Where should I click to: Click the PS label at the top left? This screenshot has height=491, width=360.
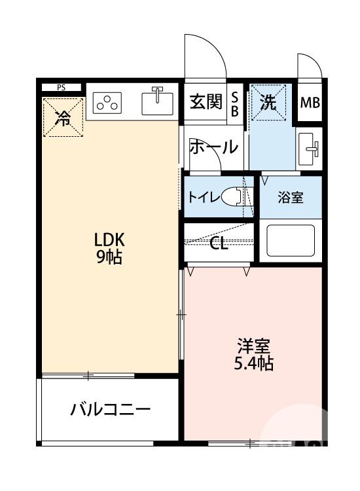click(x=61, y=87)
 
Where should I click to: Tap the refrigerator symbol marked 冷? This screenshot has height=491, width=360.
click(x=63, y=117)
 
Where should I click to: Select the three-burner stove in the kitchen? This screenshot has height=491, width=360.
click(x=108, y=102)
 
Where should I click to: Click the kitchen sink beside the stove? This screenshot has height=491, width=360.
click(x=157, y=102)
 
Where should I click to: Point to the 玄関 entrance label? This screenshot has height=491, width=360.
click(x=204, y=102)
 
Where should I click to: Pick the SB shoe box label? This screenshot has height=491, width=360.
click(x=235, y=103)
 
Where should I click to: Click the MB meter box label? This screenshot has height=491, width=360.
click(x=310, y=103)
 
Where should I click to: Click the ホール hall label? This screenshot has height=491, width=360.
click(x=213, y=147)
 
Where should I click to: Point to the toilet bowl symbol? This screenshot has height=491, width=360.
click(x=232, y=197)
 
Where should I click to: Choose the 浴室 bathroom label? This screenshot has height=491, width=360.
click(x=290, y=198)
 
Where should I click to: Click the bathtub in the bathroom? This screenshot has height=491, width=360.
click(x=290, y=242)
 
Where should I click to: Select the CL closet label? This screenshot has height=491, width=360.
click(x=219, y=245)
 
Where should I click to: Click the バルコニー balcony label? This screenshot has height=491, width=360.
click(x=111, y=410)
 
